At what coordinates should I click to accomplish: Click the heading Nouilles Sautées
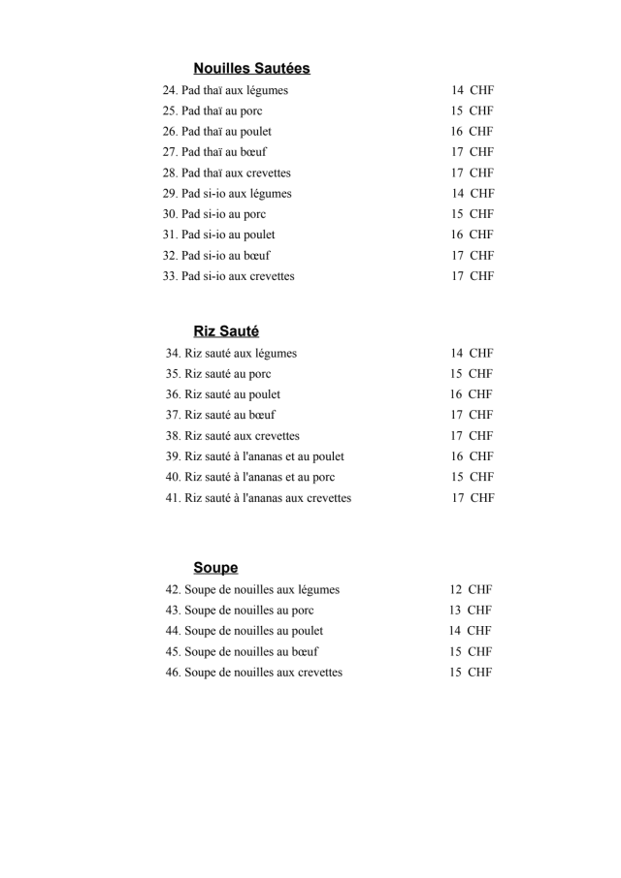[251, 68]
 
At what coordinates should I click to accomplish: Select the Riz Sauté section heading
[226, 331]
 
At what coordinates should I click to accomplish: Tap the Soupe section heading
[215, 568]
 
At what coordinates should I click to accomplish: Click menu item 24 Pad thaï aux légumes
[225, 90]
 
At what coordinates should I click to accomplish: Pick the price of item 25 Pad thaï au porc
[472, 110]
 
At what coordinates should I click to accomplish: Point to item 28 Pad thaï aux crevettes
[226, 172]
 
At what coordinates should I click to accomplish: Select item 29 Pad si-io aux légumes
[227, 194]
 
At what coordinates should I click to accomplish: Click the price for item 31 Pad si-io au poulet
[472, 235]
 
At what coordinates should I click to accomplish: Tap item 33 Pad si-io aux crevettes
[228, 276]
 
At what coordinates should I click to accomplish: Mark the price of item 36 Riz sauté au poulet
[471, 394]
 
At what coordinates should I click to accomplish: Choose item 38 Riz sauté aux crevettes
[233, 436]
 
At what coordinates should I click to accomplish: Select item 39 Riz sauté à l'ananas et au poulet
[255, 456]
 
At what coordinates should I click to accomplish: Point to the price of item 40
[472, 477]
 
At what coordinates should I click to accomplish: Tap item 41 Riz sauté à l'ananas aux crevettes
[258, 498]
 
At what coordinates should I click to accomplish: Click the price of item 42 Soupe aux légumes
[471, 589]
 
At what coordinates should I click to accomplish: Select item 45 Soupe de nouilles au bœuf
[242, 651]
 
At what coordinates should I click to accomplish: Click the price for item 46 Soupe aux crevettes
[471, 673]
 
